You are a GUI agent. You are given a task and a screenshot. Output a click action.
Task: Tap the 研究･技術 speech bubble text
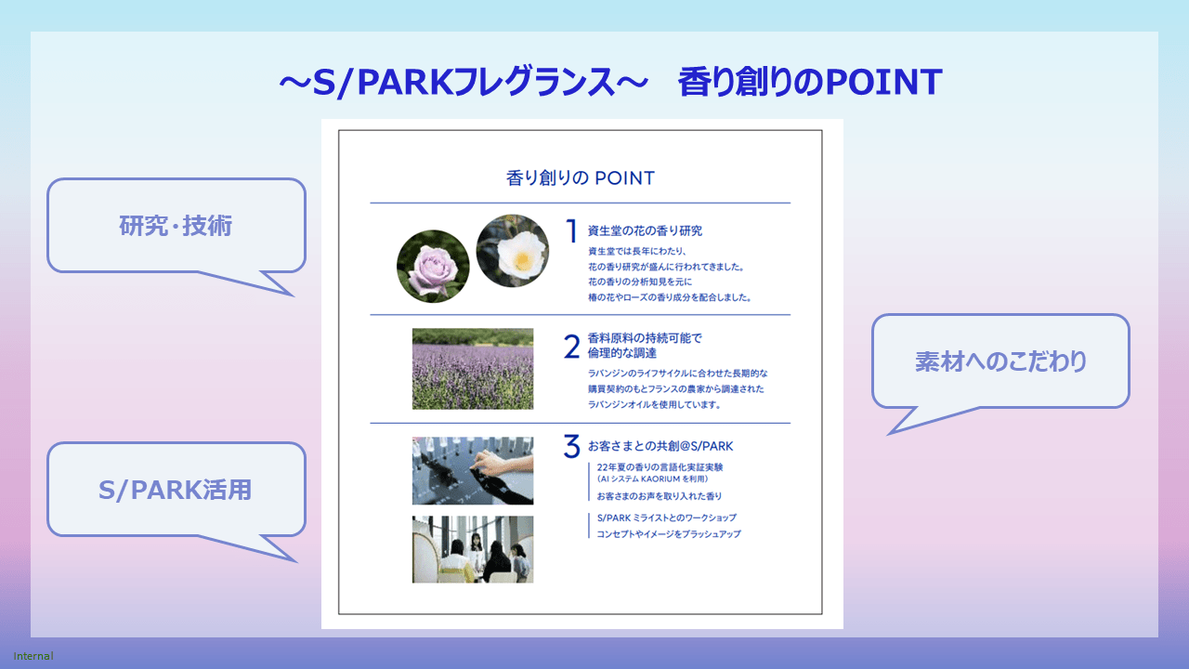[176, 226]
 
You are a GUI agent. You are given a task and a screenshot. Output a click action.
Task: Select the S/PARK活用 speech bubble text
[176, 490]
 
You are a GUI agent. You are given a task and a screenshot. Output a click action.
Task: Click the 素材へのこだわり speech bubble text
[1001, 361]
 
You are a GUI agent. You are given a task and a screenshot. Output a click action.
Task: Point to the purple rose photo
[433, 267]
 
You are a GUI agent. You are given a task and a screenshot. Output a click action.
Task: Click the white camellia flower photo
[513, 251]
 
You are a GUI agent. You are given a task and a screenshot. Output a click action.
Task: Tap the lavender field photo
[473, 369]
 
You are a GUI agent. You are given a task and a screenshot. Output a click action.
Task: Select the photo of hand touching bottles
[473, 470]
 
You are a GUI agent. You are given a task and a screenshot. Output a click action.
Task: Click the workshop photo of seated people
[473, 549]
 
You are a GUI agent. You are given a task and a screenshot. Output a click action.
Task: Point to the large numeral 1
[571, 231]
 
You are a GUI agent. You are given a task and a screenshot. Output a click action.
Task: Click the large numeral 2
[571, 347]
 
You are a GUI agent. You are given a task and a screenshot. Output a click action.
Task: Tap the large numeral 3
[571, 446]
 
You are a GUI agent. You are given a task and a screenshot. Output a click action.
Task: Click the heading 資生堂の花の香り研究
[645, 231]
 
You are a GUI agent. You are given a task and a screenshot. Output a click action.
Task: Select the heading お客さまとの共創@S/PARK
[660, 446]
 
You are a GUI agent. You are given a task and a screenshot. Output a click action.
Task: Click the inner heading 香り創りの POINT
[581, 177]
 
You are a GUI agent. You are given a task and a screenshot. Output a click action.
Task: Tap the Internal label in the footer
[33, 656]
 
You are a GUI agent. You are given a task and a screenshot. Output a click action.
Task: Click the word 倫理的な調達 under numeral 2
[622, 353]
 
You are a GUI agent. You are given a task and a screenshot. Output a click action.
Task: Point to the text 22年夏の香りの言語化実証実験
[660, 467]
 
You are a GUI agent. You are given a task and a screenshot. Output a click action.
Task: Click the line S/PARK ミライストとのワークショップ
[667, 518]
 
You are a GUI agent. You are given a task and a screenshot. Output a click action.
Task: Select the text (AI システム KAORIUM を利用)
[652, 479]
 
